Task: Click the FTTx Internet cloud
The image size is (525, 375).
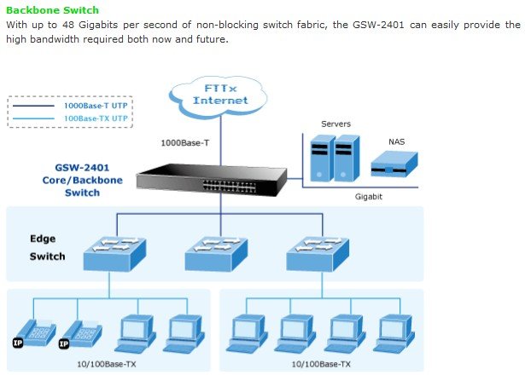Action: pyautogui.click(x=219, y=97)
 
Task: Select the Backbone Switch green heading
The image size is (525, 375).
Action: pyautogui.click(x=53, y=10)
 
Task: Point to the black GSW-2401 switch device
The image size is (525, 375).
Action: pyautogui.click(x=212, y=180)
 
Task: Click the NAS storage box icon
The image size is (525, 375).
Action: pyautogui.click(x=394, y=164)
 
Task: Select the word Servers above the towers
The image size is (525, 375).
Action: pyautogui.click(x=335, y=124)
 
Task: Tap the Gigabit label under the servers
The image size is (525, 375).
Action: pyautogui.click(x=368, y=197)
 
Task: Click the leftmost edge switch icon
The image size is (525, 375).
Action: pyautogui.click(x=114, y=253)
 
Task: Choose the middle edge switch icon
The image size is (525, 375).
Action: pyautogui.click(x=216, y=253)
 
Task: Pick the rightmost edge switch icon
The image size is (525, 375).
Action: pyautogui.click(x=318, y=253)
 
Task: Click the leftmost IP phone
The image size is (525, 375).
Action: pyautogui.click(x=35, y=333)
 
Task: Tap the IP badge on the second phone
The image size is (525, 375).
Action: pyautogui.click(x=64, y=343)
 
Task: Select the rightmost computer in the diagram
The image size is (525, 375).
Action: pyautogui.click(x=394, y=333)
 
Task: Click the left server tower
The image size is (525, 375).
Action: pyautogui.click(x=323, y=158)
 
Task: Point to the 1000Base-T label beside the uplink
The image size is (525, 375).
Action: pyautogui.click(x=185, y=143)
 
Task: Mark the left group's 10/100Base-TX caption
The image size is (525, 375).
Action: pyautogui.click(x=107, y=364)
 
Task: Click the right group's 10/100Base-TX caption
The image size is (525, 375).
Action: pyautogui.click(x=321, y=364)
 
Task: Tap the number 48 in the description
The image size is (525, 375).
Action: pyautogui.click(x=68, y=25)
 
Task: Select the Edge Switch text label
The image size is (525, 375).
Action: pyautogui.click(x=47, y=248)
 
